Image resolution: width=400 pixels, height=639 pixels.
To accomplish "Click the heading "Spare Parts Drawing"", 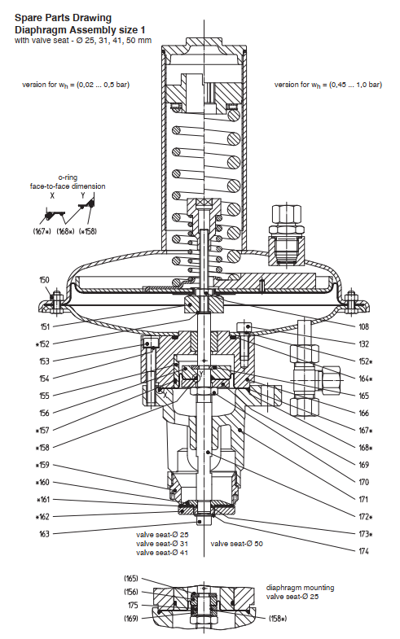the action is click(63, 18).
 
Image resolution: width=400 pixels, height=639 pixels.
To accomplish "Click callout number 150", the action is click(44, 279).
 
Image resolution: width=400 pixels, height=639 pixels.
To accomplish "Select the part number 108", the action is click(363, 326).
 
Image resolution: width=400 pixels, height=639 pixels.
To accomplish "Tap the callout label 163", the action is click(44, 534).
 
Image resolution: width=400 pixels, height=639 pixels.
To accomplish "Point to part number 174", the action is click(363, 551).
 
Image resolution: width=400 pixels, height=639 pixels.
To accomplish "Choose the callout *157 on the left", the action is click(42, 431).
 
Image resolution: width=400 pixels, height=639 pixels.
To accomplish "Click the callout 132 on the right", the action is click(363, 344).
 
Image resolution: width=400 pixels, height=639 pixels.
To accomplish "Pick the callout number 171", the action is click(363, 499).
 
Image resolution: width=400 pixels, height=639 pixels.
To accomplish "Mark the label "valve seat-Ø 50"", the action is click(236, 544).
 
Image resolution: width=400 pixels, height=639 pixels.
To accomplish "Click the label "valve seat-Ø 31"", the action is click(162, 544).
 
